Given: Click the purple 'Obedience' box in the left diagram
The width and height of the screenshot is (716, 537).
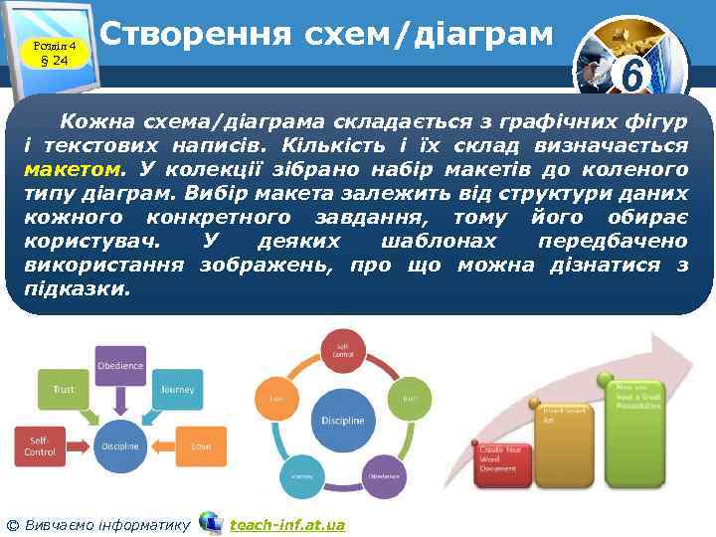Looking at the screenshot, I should [x=120, y=366].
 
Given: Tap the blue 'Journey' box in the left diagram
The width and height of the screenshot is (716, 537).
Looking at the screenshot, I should [x=178, y=389].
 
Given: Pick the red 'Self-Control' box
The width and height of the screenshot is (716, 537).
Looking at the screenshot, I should [x=40, y=446].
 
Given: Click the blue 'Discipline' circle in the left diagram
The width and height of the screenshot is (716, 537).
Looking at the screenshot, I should [x=120, y=446].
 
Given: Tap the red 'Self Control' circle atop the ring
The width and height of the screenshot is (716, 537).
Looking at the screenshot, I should [x=342, y=351].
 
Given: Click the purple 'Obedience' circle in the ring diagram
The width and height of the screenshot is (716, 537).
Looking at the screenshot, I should [x=384, y=475].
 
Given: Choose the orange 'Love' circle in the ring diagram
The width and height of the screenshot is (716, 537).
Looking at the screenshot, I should [x=276, y=400].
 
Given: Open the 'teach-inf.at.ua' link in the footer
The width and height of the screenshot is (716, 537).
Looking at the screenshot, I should [x=286, y=524].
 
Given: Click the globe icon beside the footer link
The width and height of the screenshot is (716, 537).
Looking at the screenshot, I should [x=211, y=522].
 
